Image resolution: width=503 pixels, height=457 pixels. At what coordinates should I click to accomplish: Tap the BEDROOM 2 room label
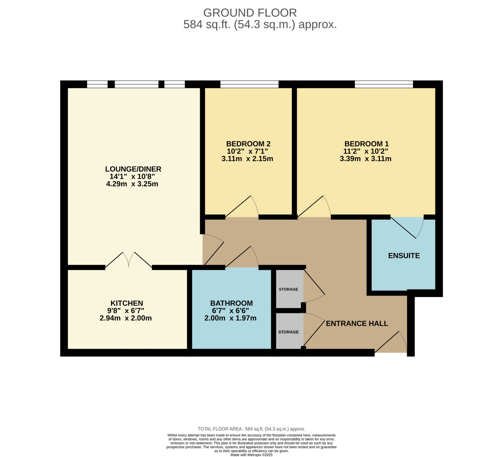[248, 144]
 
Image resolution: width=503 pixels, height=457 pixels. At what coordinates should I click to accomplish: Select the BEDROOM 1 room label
[366, 144]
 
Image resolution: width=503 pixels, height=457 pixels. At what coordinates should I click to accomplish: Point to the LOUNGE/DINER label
[133, 169]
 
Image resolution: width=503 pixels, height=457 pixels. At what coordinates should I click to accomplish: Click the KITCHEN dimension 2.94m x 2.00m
[126, 318]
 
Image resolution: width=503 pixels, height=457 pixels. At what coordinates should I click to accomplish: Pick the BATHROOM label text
[231, 303]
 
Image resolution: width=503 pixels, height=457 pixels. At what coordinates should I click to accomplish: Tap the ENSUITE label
[404, 256]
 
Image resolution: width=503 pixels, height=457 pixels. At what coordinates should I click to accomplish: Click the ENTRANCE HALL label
[357, 323]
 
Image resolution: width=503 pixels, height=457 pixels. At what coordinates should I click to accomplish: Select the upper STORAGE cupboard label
[288, 289]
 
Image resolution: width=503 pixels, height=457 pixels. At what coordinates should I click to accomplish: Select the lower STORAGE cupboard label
[288, 332]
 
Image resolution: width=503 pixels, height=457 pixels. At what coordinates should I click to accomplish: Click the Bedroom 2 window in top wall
[249, 84]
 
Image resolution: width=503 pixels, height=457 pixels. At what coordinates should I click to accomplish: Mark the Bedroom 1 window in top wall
[384, 84]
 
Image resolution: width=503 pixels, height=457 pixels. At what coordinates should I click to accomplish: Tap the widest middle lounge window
[136, 84]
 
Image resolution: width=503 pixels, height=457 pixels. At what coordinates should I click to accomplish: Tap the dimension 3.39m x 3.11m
[365, 159]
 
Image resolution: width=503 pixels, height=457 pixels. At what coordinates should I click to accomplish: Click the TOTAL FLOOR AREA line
[251, 429]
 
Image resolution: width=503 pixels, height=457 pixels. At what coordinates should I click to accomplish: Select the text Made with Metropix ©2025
[251, 455]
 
